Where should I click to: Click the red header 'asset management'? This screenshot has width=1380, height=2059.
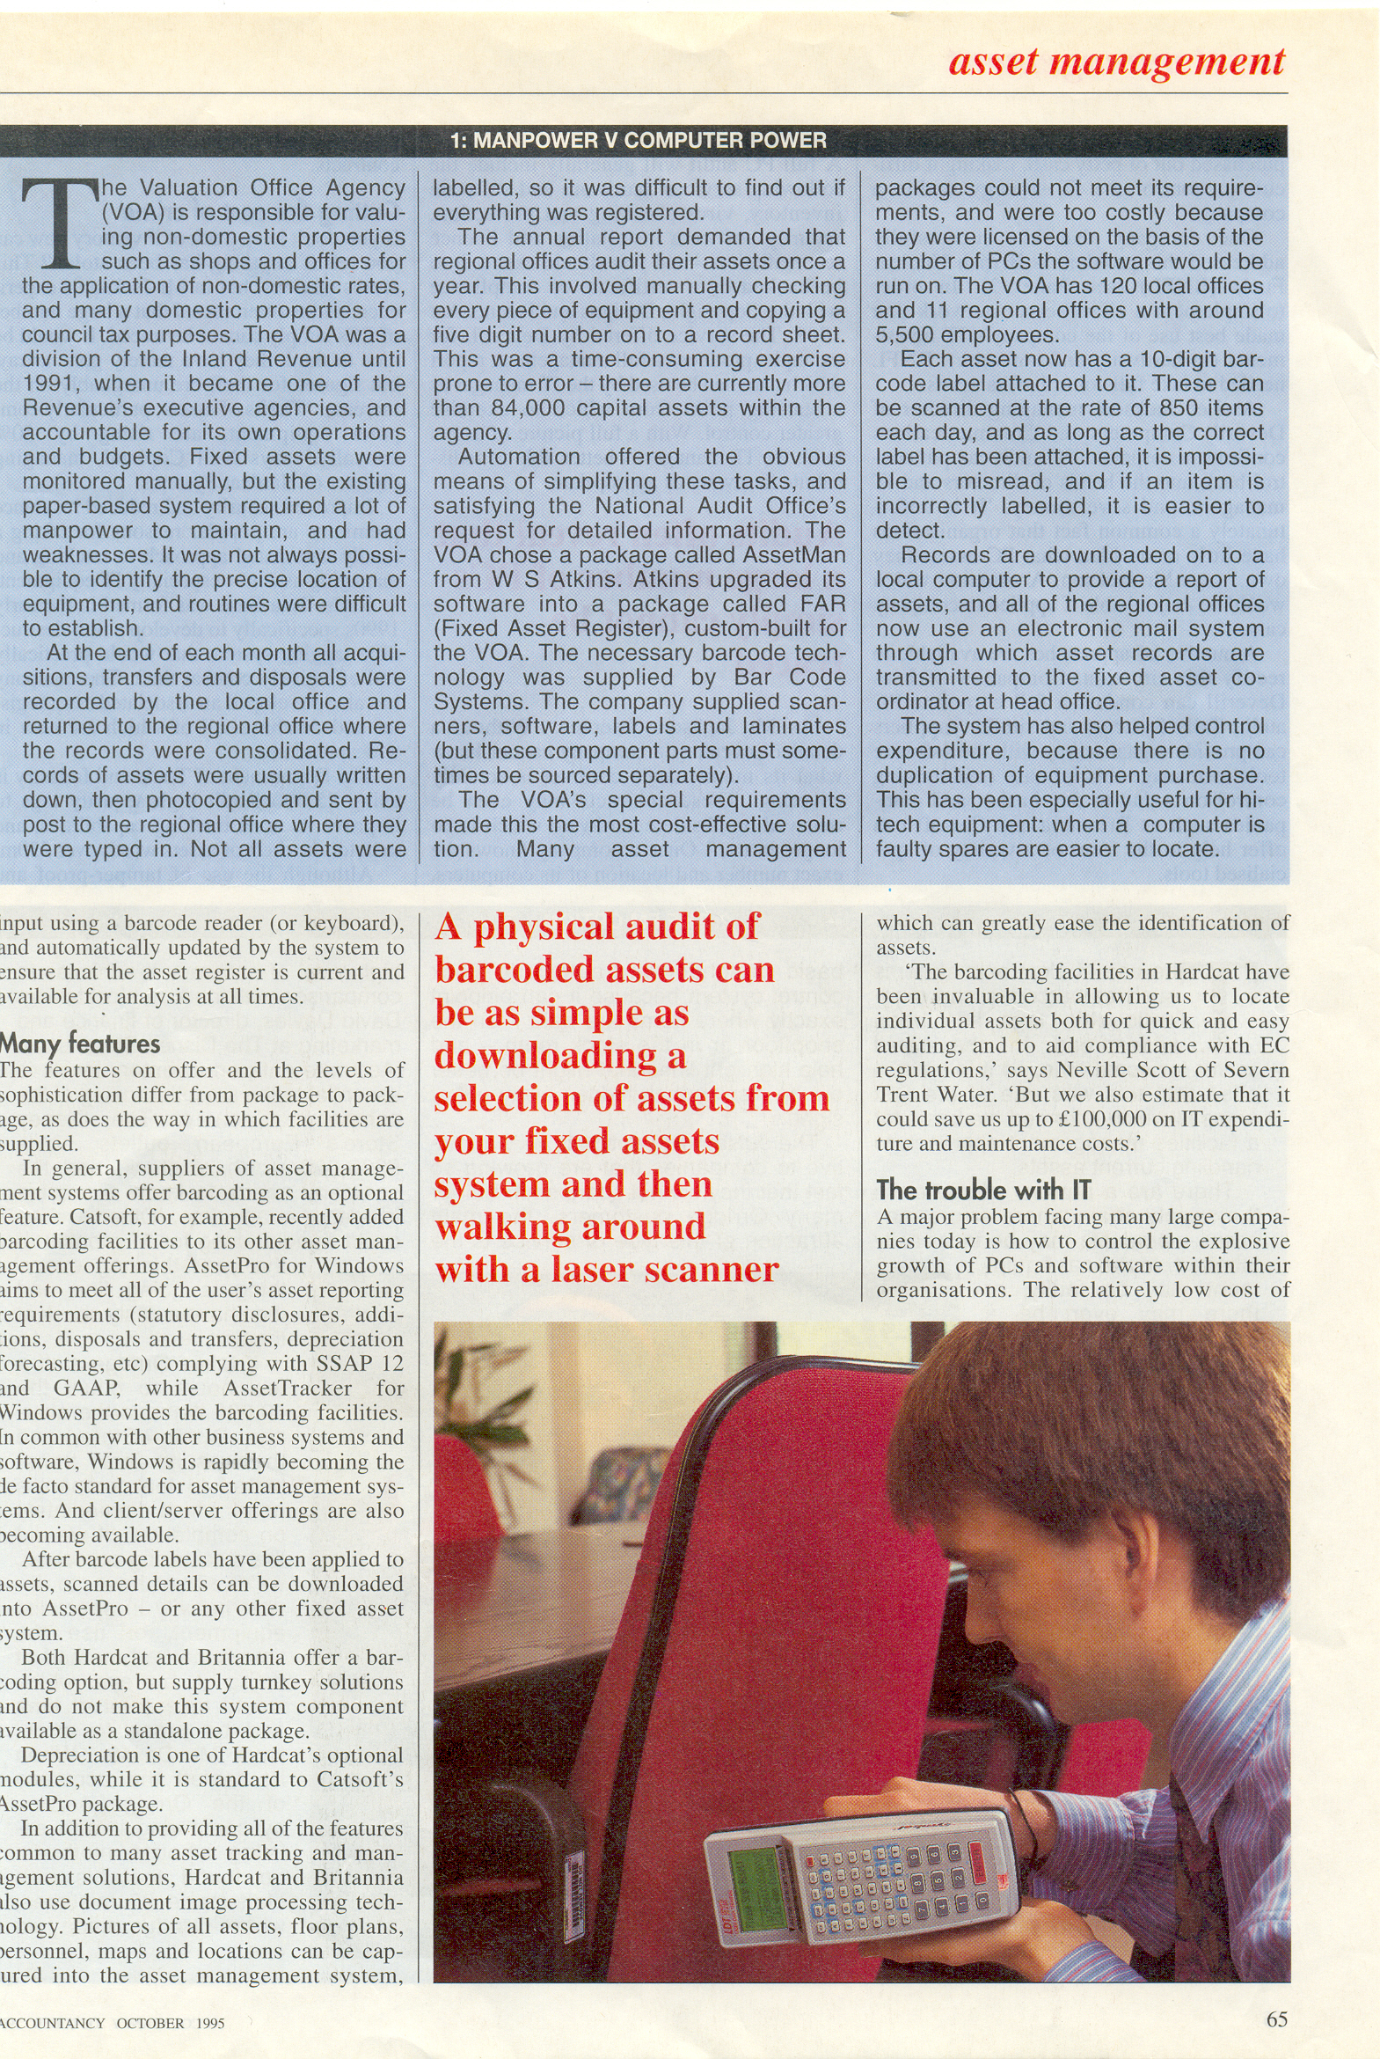click(1116, 62)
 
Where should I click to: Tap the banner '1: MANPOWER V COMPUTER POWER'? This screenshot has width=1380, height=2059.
click(638, 141)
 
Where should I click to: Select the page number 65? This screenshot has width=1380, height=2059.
click(1276, 2019)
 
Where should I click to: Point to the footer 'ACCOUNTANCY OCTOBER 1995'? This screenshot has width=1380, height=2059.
click(112, 2023)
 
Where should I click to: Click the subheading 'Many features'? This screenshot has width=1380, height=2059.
click(80, 1044)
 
